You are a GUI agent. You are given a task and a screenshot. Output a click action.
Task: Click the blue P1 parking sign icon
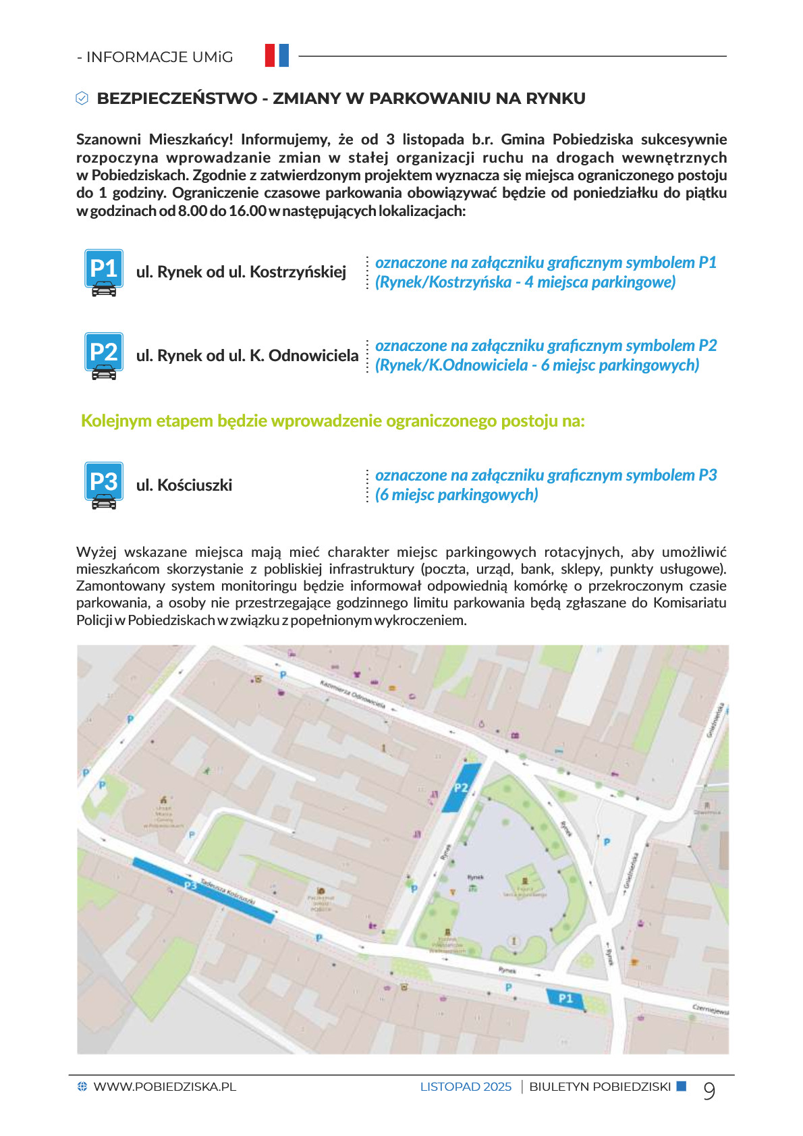103,272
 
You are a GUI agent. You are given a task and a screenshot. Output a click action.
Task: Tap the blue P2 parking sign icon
103,355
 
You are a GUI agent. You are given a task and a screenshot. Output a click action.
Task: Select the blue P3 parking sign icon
103,485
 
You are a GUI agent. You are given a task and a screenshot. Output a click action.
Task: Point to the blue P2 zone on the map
462,788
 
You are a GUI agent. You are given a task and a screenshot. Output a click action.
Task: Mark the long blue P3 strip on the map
203,890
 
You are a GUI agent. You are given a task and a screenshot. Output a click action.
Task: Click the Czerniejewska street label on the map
710,1009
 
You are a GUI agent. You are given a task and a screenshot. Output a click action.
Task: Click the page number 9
709,1090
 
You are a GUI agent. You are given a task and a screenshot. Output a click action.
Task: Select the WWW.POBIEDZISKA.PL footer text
165,1087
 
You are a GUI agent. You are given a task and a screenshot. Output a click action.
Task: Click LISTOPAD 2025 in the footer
466,1087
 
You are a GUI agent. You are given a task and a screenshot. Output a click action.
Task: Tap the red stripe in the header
270,55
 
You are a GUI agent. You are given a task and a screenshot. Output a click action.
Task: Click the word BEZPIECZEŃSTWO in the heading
177,99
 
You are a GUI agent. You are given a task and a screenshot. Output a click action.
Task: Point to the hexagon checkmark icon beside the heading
82,99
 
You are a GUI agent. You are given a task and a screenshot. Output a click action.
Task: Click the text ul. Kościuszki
184,485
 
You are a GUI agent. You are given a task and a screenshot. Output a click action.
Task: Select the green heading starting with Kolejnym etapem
333,421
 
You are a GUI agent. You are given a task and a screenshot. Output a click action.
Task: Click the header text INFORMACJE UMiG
159,57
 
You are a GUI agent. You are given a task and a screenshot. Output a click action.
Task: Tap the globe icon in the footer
82,1086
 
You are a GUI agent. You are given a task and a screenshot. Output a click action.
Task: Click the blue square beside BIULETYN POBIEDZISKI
682,1086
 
